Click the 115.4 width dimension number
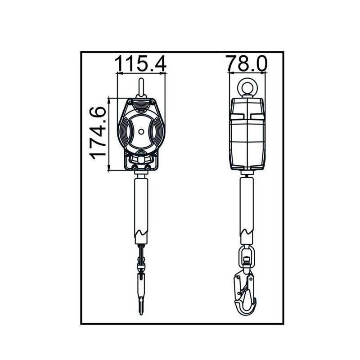pos(141,63)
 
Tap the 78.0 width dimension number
pos(247,63)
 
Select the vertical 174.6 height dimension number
pos(98,134)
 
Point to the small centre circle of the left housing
pos(141,132)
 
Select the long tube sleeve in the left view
pos(141,202)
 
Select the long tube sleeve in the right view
pos(247,202)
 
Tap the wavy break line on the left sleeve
pos(141,234)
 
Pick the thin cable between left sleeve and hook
pos(141,252)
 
